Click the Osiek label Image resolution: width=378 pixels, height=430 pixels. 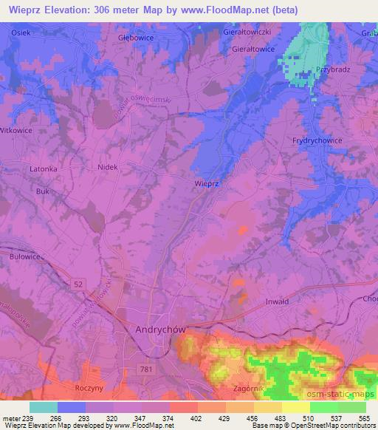pos(21,33)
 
